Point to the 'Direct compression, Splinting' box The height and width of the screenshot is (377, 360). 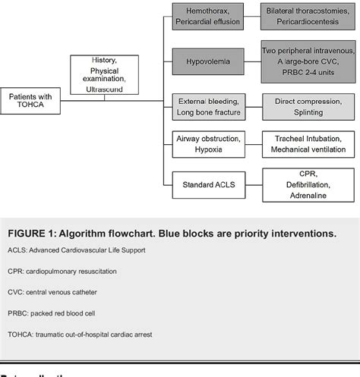point(308,105)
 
